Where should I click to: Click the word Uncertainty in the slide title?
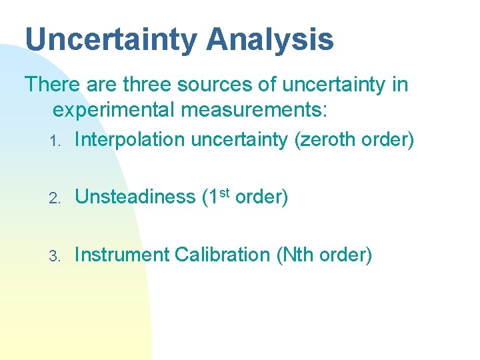pos(111,39)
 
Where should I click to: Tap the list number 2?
pos(57,199)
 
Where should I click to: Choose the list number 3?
pos(57,256)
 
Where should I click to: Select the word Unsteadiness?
pos(135,197)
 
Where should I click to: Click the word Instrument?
pos(121,255)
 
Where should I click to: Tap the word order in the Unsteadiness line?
pos(261,197)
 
